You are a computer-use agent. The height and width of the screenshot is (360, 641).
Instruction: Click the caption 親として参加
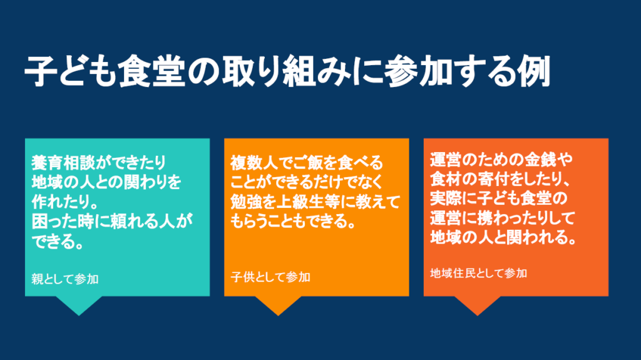coord(65,279)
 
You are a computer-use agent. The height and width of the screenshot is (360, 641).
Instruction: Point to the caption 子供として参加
coord(270,277)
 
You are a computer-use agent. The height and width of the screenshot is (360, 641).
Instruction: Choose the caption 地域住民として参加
coord(478,273)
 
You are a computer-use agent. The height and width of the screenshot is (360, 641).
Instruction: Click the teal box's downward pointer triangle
coord(79,305)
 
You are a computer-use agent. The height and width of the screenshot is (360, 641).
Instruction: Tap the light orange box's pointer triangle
coord(278,305)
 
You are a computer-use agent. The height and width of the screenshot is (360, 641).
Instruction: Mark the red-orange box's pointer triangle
coord(477,305)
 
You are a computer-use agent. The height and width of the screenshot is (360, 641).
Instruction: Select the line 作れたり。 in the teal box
coord(63,202)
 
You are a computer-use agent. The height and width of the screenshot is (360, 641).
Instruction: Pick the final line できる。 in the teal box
coord(58,242)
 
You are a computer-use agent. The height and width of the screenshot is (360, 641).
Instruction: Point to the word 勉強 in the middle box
coord(246,202)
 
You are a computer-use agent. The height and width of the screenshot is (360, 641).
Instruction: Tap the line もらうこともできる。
coord(293,221)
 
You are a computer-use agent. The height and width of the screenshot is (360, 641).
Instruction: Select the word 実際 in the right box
coord(446,198)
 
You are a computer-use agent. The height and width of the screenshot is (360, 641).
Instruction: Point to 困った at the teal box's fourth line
coord(55,222)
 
